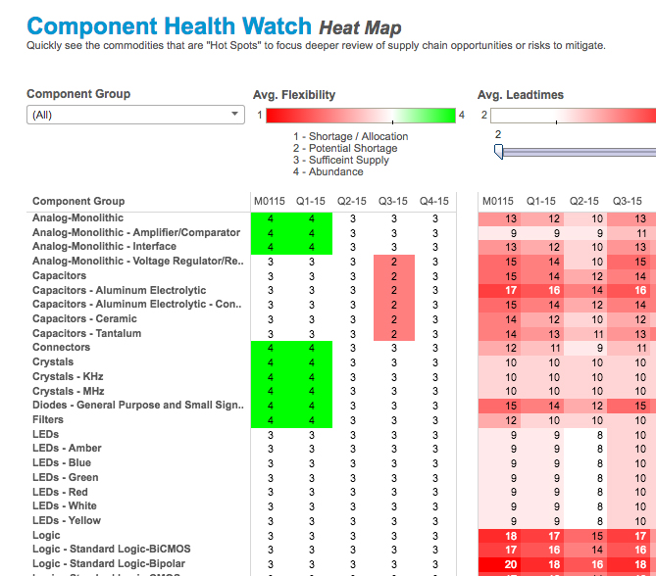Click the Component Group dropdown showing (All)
point(135,115)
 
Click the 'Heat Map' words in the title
point(360,27)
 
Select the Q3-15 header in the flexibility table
point(393,201)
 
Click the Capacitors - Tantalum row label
point(86,333)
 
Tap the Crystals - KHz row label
point(68,376)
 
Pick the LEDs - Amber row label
point(67,448)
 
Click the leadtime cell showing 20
point(511,564)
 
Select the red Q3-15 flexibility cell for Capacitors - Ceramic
point(393,318)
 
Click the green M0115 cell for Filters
point(271,419)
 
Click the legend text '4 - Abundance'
point(328,171)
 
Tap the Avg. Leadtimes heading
point(520,95)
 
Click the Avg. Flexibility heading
point(294,95)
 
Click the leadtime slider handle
point(498,151)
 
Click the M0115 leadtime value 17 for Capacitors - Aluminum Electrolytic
point(511,290)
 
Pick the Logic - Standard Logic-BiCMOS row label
point(110,550)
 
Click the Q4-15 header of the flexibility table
point(434,201)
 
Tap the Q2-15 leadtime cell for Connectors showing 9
point(597,348)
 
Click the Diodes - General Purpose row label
point(136,405)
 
